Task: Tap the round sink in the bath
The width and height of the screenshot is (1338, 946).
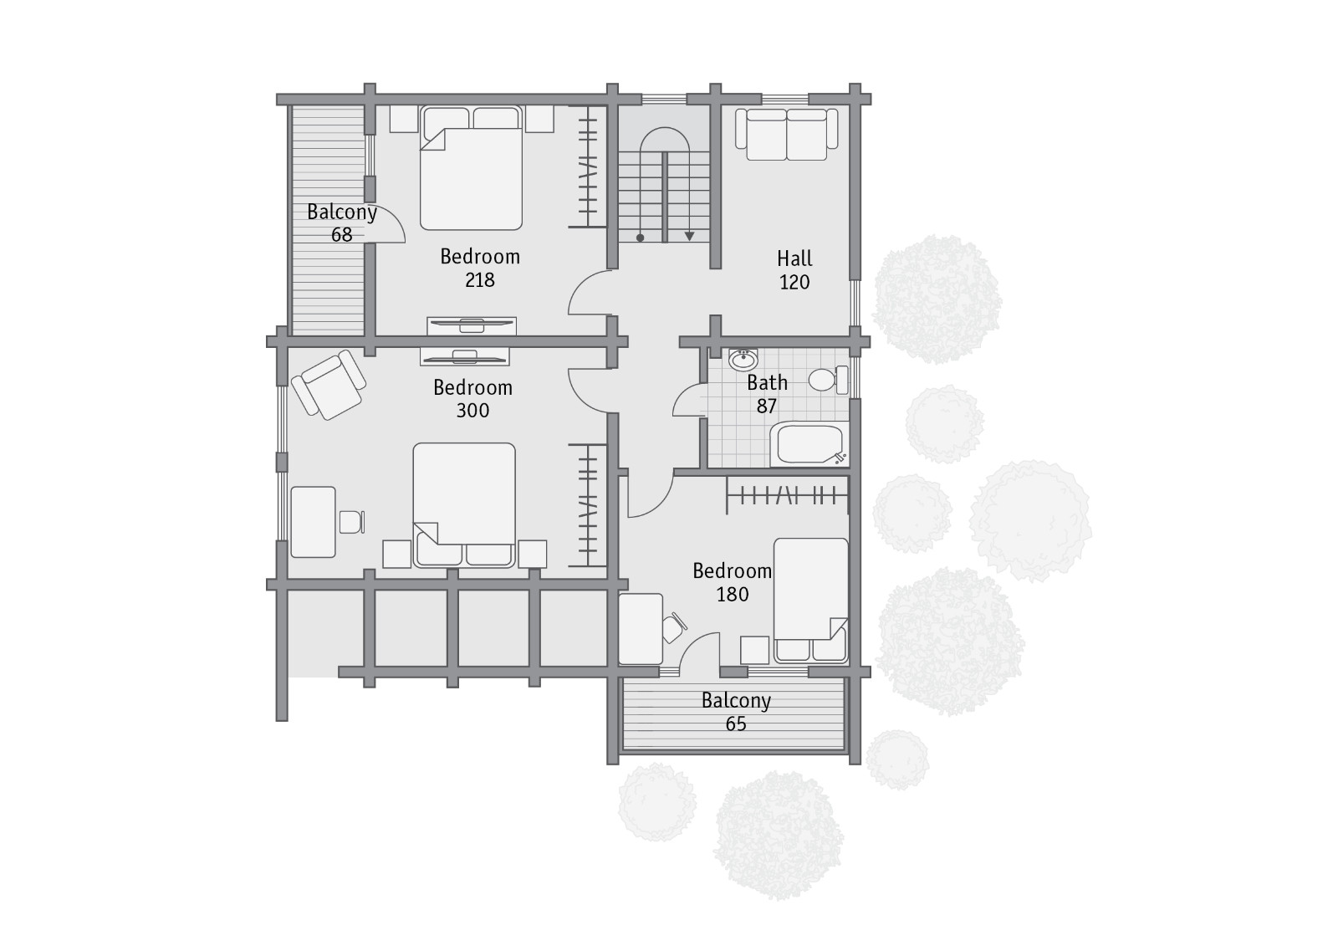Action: tap(743, 360)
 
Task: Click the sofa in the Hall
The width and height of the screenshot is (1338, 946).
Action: tap(787, 135)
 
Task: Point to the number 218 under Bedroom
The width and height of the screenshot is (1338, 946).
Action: tap(480, 279)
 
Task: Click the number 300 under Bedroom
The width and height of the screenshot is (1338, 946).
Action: tap(472, 411)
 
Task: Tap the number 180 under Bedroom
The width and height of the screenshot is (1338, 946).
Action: tap(733, 595)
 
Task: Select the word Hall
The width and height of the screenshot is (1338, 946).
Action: tap(794, 258)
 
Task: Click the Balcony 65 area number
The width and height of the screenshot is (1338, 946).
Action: tap(736, 724)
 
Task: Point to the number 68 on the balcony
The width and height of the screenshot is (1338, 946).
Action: tap(342, 235)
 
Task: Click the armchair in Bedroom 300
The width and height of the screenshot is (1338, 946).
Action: tap(329, 385)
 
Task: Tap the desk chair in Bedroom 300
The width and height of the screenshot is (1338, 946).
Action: tap(352, 522)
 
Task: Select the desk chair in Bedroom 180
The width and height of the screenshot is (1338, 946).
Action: tap(674, 627)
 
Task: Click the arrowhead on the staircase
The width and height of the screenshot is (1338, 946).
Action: tap(689, 237)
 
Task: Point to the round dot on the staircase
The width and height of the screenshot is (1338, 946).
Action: tap(641, 238)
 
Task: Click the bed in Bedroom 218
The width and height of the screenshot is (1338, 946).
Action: tap(472, 168)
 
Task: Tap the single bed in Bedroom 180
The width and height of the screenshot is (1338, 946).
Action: tap(810, 601)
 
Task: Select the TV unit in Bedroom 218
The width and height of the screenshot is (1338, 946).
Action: tap(472, 325)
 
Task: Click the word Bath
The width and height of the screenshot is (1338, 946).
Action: tap(767, 382)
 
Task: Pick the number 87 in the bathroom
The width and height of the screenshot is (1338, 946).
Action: tap(766, 407)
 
